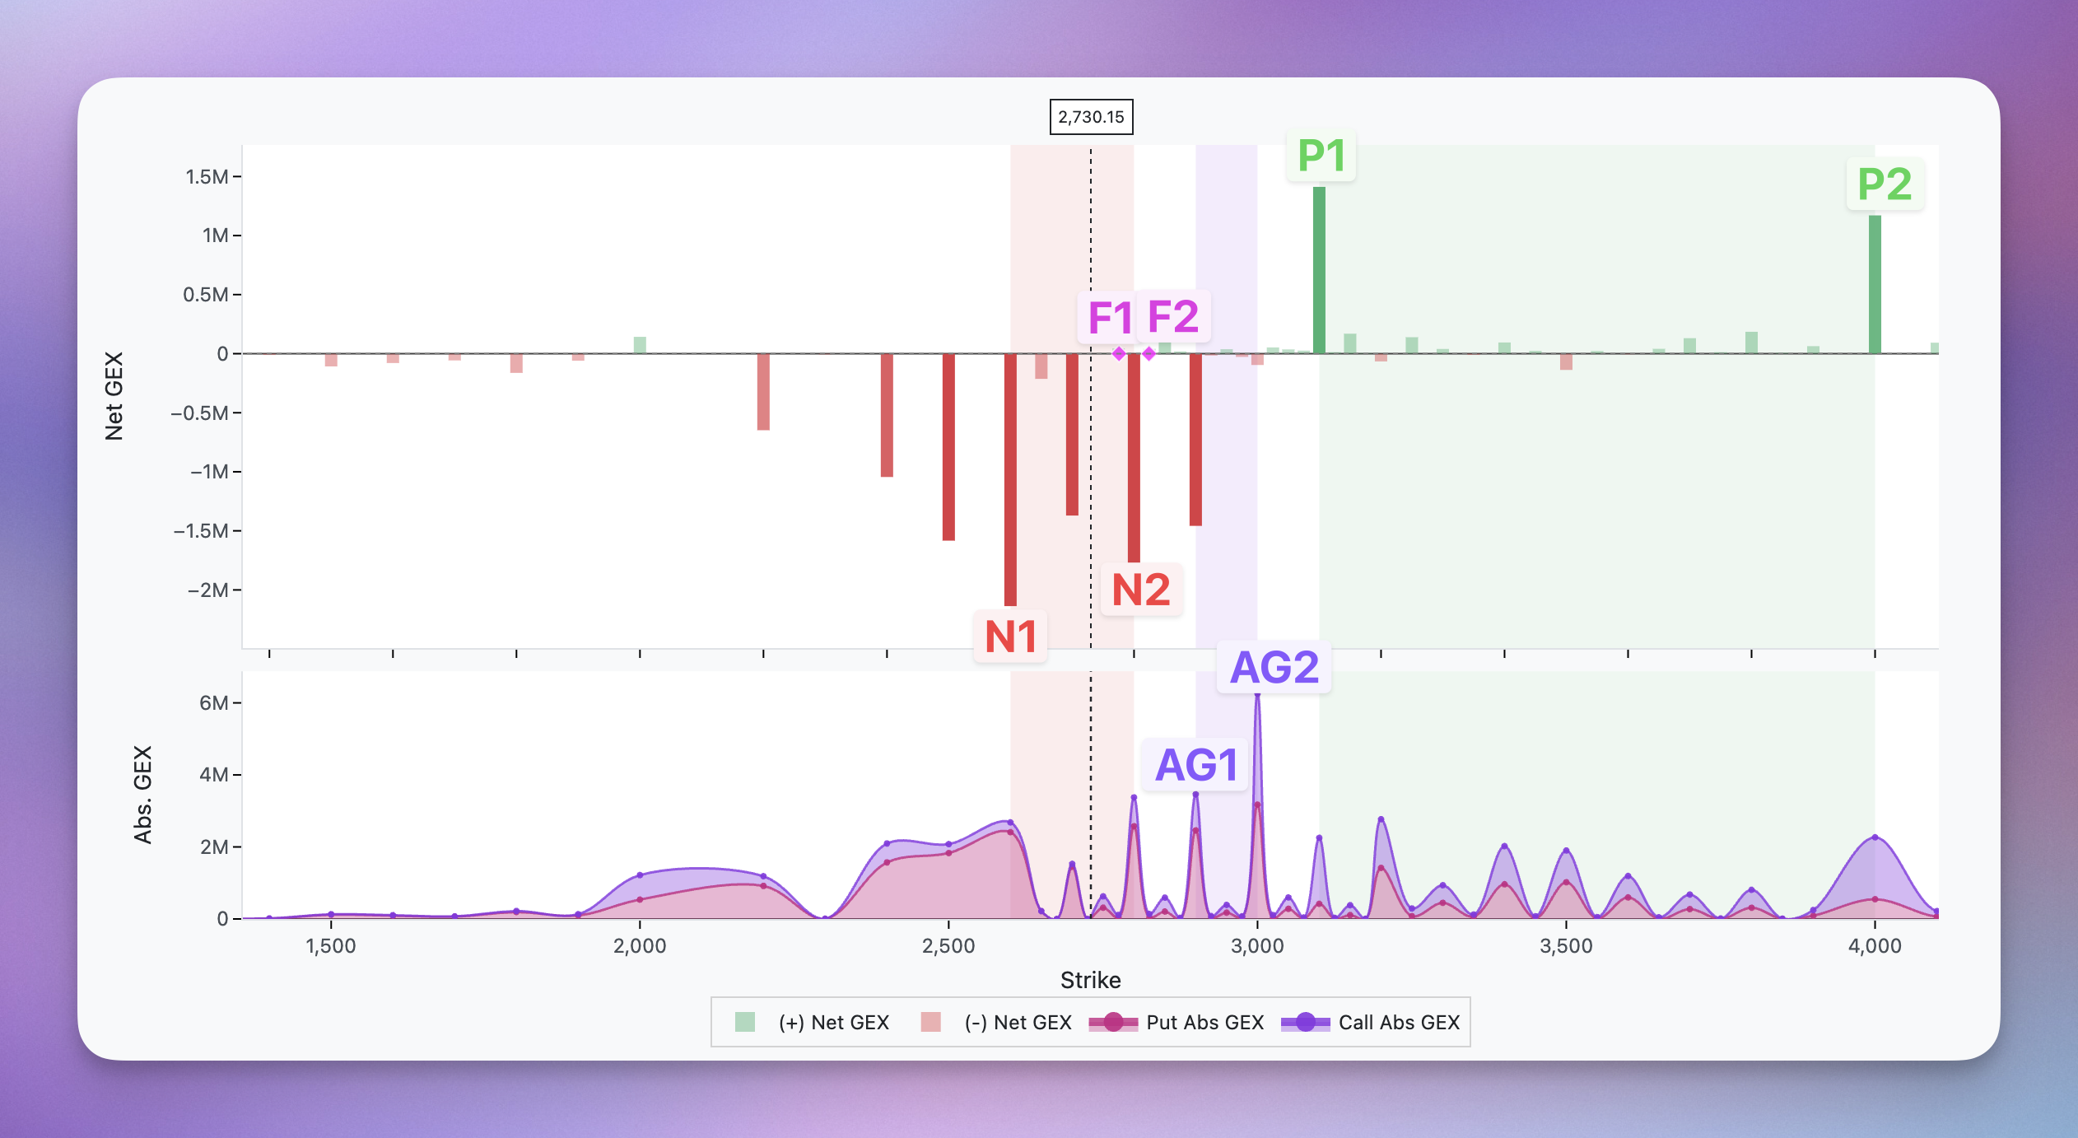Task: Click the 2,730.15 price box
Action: pos(1091,117)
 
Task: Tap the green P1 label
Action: pos(1321,156)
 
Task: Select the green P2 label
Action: pos(1885,184)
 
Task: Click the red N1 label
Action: pos(1010,637)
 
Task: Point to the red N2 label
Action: pos(1141,590)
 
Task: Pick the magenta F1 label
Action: pos(1109,318)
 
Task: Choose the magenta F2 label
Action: pos(1173,316)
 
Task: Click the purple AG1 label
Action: pos(1196,765)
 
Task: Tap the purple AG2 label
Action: pos(1274,667)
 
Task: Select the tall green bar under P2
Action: pos(1875,284)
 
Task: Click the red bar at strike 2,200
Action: pos(763,391)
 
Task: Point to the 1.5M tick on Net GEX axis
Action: pos(207,177)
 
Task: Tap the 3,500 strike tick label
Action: pos(1566,945)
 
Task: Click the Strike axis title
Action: pos(1090,980)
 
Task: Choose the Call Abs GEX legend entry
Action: pos(1371,1023)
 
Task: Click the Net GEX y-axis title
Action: pos(114,396)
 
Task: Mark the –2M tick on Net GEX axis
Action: pos(208,590)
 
